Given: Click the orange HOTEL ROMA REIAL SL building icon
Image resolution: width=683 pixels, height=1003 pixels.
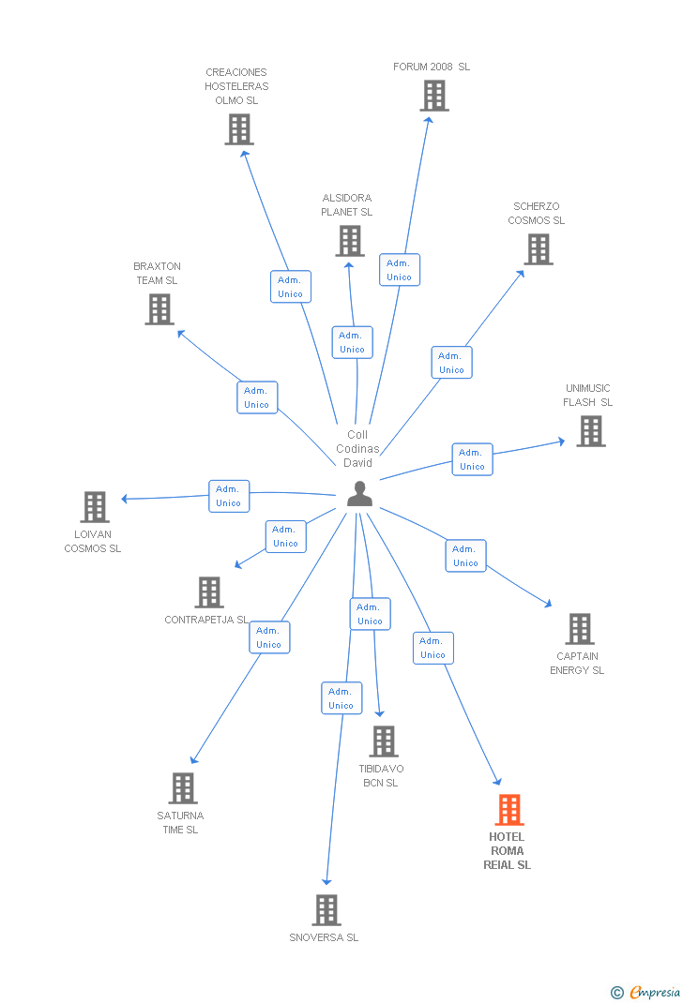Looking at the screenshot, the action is tap(509, 809).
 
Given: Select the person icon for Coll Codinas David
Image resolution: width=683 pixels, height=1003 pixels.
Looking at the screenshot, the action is tap(359, 494).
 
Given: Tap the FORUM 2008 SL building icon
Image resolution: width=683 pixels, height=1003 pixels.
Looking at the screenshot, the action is tap(433, 96).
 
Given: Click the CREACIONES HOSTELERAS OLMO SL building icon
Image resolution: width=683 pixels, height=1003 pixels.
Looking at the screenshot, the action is tap(239, 129).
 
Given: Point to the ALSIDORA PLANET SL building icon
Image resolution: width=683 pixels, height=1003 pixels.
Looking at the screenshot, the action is tap(350, 241).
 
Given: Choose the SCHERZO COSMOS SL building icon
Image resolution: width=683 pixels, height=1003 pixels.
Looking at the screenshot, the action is tap(539, 249).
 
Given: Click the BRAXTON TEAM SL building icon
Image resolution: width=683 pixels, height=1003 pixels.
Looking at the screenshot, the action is tap(159, 309).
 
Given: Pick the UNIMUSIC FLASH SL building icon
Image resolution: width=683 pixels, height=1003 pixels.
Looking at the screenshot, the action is tap(591, 431).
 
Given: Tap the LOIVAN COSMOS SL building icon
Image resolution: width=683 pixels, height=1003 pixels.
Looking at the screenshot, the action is tap(95, 507).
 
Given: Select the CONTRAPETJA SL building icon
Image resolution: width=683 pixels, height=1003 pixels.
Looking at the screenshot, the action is tap(209, 592).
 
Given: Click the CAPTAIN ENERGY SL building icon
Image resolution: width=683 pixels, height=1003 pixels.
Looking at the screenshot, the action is tap(580, 629).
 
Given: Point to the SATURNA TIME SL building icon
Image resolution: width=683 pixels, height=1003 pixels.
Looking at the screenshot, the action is tap(183, 788).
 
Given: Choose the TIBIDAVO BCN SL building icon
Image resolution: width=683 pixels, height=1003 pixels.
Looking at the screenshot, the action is tap(383, 741).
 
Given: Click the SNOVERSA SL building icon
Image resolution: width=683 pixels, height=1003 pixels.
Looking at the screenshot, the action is tap(326, 910).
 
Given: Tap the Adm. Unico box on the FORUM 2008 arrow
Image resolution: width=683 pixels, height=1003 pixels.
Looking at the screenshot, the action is tap(400, 270).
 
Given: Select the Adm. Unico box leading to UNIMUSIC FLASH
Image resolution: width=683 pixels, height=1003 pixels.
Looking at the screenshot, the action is tap(473, 459).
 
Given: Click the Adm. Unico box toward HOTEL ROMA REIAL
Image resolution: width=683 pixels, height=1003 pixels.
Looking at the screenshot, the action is tap(433, 648).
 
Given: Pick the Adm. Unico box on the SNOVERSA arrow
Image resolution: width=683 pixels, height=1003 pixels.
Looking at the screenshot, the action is tap(341, 698).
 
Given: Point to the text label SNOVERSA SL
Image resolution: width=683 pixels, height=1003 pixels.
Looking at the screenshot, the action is tap(324, 937).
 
